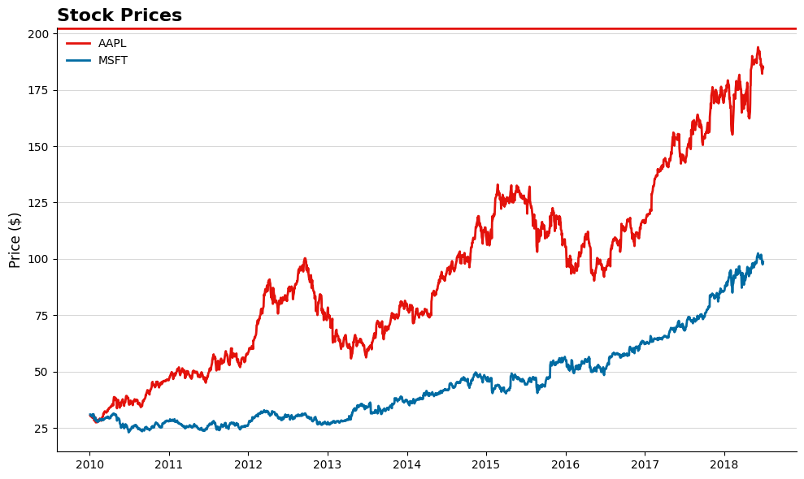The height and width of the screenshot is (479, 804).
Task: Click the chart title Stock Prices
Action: [120, 15]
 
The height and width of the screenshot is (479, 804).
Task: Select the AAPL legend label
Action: [112, 44]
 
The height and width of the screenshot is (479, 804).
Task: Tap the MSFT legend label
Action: [113, 61]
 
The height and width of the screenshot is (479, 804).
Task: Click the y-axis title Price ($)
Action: [15, 239]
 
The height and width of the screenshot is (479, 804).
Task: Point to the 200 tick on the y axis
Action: [37, 34]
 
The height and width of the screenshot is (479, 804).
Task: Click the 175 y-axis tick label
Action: [37, 90]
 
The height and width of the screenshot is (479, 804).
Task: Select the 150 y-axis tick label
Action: [37, 147]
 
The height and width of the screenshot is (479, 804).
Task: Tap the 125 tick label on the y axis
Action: [37, 203]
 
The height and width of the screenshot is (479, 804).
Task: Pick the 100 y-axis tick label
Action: [37, 259]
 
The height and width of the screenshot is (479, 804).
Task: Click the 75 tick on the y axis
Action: [41, 316]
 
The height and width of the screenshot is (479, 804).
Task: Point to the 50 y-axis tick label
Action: [41, 372]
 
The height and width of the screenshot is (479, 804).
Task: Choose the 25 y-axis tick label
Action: [41, 429]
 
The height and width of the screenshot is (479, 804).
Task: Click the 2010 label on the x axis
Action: [89, 465]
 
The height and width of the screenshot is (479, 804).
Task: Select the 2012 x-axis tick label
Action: [248, 465]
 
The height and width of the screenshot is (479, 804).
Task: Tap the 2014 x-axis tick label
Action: [406, 465]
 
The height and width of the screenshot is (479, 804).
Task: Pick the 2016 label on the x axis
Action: [566, 465]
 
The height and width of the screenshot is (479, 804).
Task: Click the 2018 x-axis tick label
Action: [724, 465]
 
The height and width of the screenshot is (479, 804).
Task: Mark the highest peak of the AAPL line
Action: [758, 48]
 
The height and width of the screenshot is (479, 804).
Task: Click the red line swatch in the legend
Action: [78, 44]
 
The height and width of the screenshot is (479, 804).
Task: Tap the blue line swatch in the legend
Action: [78, 61]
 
